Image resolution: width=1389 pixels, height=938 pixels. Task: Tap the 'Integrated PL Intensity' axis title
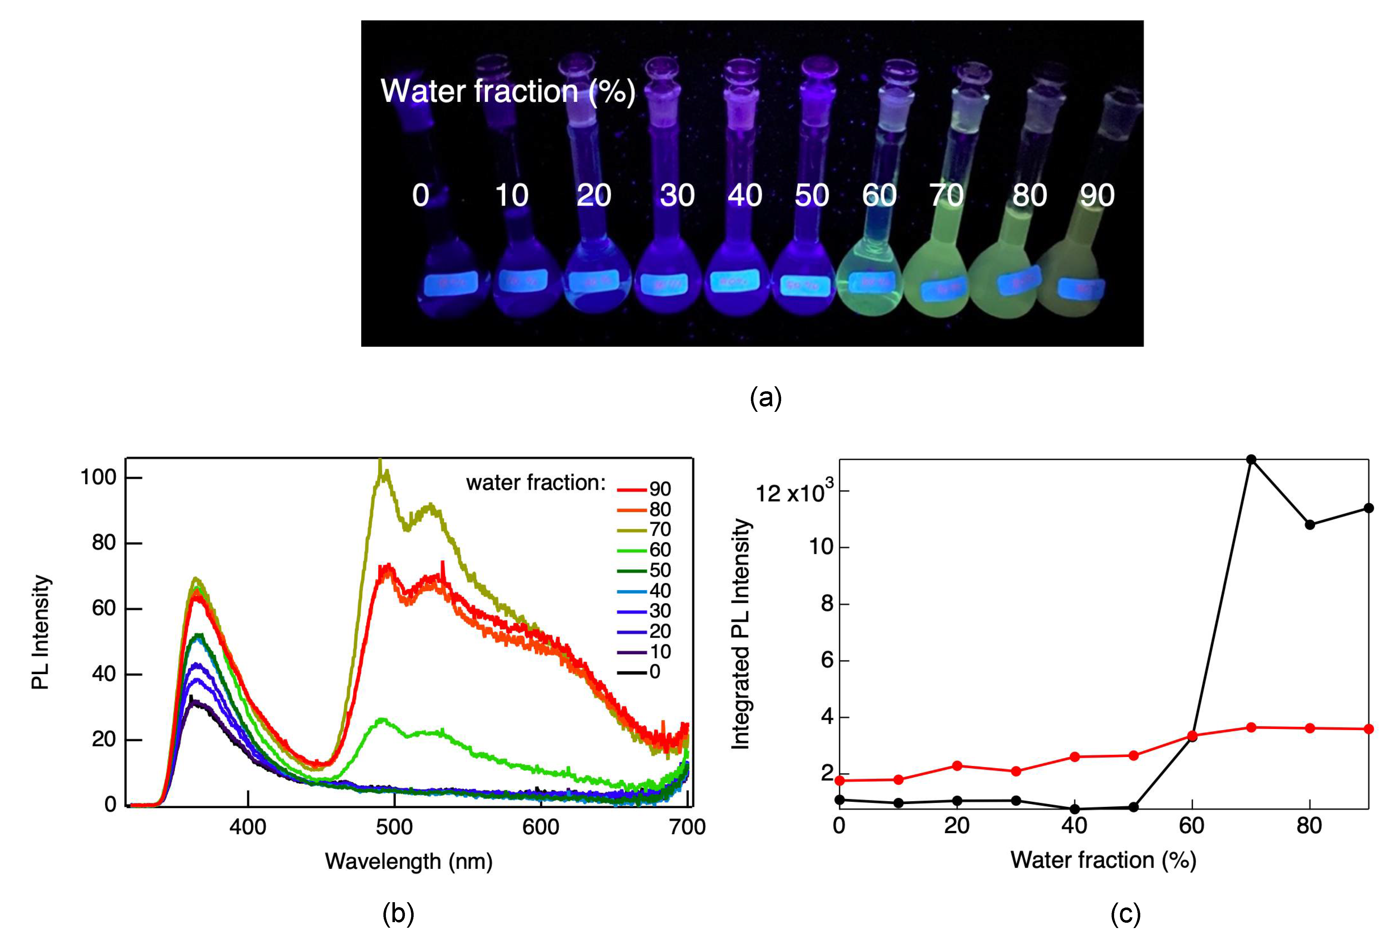(x=741, y=633)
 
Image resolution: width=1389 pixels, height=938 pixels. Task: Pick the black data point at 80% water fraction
(x=1310, y=525)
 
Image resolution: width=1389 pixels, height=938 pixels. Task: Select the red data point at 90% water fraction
(x=1369, y=729)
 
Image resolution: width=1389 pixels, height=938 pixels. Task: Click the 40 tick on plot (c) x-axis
(x=1074, y=826)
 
